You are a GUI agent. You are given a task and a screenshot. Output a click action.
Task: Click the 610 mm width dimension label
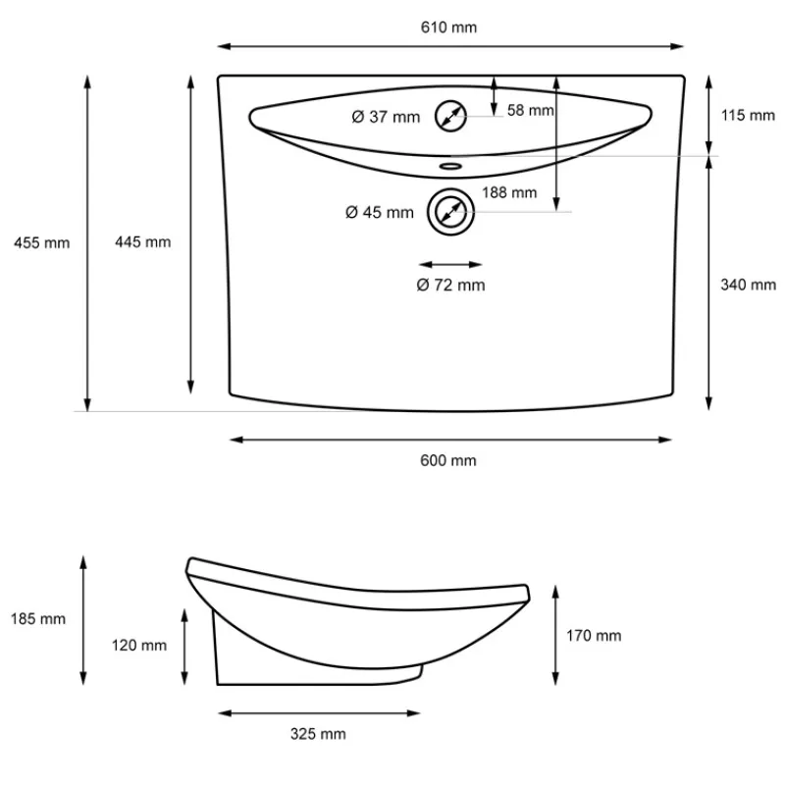[x=449, y=27]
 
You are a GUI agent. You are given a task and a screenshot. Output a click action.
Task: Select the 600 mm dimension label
[x=449, y=460]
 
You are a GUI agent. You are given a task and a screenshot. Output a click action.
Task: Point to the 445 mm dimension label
[x=143, y=242]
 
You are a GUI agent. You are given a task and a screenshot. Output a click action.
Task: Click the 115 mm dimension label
[x=748, y=116]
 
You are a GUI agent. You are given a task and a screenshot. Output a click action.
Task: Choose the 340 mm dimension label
[x=748, y=285]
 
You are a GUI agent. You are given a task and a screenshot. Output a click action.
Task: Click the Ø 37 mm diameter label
[x=386, y=118]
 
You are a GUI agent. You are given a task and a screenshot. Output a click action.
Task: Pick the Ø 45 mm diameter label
[x=380, y=212]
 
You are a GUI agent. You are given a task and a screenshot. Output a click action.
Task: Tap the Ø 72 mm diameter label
[x=450, y=286]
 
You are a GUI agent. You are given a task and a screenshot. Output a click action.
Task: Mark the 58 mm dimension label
[x=531, y=111]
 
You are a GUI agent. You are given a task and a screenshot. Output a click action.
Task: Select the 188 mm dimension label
[x=509, y=192]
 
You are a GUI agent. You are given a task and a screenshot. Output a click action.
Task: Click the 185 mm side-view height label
[x=38, y=619]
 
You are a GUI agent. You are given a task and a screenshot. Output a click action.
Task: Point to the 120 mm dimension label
[x=139, y=646]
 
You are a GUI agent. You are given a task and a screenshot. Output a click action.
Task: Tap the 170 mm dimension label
[x=595, y=636]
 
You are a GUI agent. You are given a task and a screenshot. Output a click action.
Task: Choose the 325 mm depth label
[x=319, y=734]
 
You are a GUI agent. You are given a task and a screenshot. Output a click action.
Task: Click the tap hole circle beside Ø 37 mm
[x=450, y=116]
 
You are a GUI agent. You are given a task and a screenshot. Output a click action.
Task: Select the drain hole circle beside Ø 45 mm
[x=450, y=211]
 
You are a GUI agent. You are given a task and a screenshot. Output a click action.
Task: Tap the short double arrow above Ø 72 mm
[x=450, y=264]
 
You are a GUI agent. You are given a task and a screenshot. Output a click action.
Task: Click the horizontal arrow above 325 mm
[x=319, y=712]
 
